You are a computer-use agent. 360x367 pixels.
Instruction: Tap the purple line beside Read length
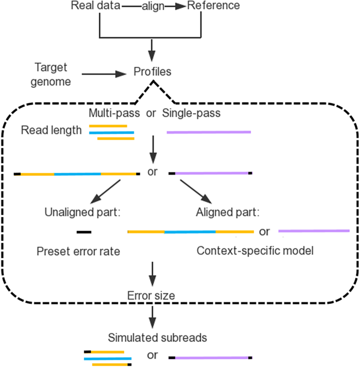(209, 132)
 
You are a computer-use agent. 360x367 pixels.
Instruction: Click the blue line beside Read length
(111, 132)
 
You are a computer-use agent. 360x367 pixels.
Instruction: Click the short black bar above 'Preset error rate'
(84, 231)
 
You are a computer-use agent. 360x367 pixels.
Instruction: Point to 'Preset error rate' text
(78, 251)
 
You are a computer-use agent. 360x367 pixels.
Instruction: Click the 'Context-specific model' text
(255, 251)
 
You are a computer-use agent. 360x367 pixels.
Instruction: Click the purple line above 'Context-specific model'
(314, 230)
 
